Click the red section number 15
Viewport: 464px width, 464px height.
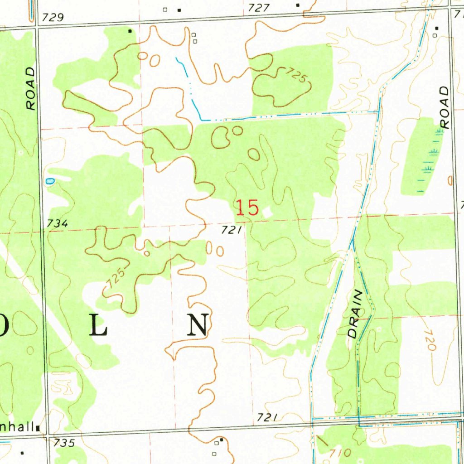point(247,208)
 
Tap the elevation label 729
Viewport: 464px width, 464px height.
point(53,18)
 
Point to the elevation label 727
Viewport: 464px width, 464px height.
point(259,8)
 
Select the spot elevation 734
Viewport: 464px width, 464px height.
point(57,223)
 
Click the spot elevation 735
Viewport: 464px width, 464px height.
point(64,443)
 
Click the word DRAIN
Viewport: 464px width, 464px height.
point(356,314)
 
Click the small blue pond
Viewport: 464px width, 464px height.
point(50,181)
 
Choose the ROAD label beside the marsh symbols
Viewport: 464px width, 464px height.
point(445,107)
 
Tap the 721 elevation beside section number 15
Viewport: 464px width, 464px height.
point(231,231)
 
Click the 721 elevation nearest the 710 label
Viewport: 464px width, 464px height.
point(267,417)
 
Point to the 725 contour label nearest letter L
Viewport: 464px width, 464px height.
point(114,278)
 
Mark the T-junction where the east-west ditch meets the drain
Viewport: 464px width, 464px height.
point(379,111)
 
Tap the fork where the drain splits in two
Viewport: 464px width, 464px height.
point(353,243)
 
